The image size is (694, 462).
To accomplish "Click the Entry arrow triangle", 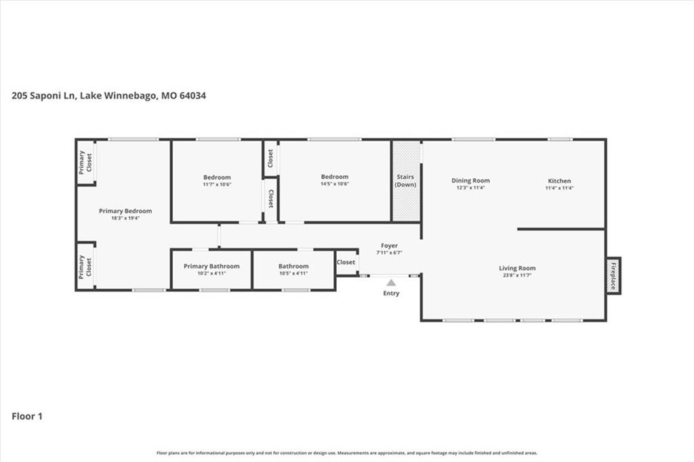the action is click(x=391, y=282).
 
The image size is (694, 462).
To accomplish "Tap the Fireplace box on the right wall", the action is click(x=613, y=276).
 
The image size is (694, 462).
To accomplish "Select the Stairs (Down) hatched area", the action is click(x=407, y=181).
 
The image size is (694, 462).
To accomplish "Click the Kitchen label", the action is click(x=559, y=181).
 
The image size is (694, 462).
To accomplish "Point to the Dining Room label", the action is click(x=470, y=181).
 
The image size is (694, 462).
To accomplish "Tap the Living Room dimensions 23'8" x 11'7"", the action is click(x=517, y=275).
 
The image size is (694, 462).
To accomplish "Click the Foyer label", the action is click(x=390, y=246).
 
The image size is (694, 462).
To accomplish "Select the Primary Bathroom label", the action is click(x=211, y=266).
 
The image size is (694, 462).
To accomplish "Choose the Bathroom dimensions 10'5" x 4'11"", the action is click(x=293, y=274).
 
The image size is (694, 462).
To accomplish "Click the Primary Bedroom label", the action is click(x=125, y=211).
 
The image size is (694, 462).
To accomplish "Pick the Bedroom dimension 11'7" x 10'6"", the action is click(x=217, y=184).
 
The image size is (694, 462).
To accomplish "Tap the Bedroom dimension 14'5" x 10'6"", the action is click(x=335, y=184).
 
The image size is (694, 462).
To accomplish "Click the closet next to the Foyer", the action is click(x=346, y=262).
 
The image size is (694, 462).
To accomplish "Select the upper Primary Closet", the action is click(x=86, y=162).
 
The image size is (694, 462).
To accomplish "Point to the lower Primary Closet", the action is click(x=85, y=266).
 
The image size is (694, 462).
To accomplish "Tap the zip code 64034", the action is click(x=192, y=96).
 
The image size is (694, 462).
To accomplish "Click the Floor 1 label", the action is click(x=27, y=416).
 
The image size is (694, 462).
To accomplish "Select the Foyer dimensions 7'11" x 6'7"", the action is click(x=390, y=253).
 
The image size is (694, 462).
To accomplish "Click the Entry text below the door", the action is click(x=391, y=293).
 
